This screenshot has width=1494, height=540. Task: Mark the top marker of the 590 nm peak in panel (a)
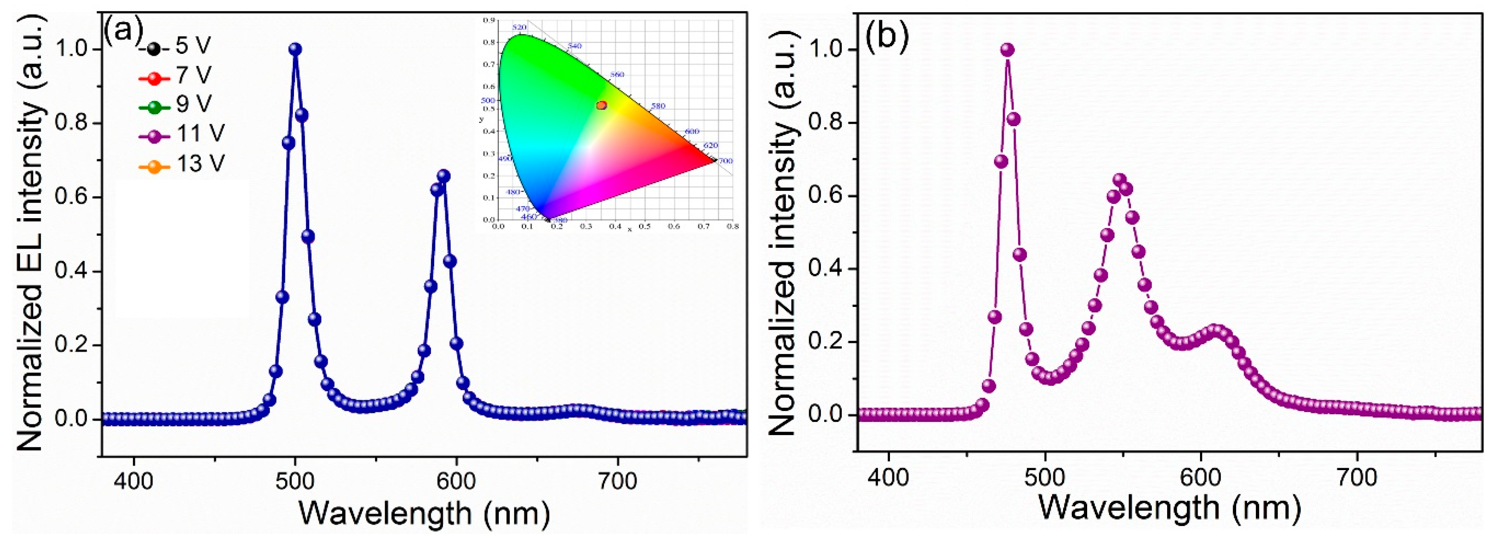(x=444, y=176)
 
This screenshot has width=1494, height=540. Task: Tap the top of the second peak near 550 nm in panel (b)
(x=1119, y=180)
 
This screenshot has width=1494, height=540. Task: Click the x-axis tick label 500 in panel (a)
(x=295, y=481)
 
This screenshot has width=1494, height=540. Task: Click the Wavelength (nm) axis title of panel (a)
(x=423, y=513)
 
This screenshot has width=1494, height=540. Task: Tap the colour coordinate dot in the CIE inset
(x=602, y=105)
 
